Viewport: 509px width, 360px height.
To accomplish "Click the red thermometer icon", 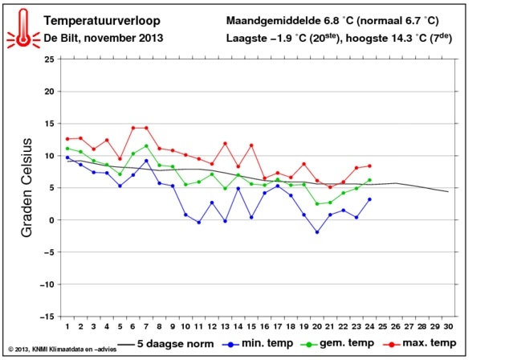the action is [x=23, y=29].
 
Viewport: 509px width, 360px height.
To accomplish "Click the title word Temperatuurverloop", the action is [x=102, y=20].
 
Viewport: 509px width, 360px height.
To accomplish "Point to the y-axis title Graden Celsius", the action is [x=26, y=188].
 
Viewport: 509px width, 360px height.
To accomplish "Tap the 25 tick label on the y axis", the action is [x=49, y=59].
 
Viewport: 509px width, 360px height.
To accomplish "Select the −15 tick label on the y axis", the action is [x=47, y=317].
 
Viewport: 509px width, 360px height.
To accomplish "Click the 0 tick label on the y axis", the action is [x=51, y=220].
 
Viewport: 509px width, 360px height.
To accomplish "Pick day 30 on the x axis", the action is [x=448, y=326].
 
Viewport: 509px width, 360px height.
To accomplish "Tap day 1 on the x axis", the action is [x=67, y=326].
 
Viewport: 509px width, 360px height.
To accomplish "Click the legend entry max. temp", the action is [x=420, y=343].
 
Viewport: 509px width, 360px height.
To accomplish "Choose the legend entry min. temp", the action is [x=258, y=343].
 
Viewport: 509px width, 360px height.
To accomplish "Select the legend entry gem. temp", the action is [x=338, y=343].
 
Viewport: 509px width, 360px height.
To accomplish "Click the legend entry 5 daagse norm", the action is [x=165, y=344].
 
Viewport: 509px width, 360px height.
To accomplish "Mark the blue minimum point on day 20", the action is [x=317, y=232].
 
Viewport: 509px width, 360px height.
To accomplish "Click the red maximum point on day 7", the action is [x=146, y=128].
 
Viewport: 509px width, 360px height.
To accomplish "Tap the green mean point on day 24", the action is [x=369, y=180].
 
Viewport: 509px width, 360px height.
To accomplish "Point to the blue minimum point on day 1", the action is [x=67, y=157].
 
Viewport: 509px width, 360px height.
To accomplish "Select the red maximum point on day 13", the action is [x=225, y=143].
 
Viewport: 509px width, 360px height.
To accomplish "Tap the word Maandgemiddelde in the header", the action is [x=273, y=21].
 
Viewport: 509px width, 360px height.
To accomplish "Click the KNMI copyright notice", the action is [x=62, y=350].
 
